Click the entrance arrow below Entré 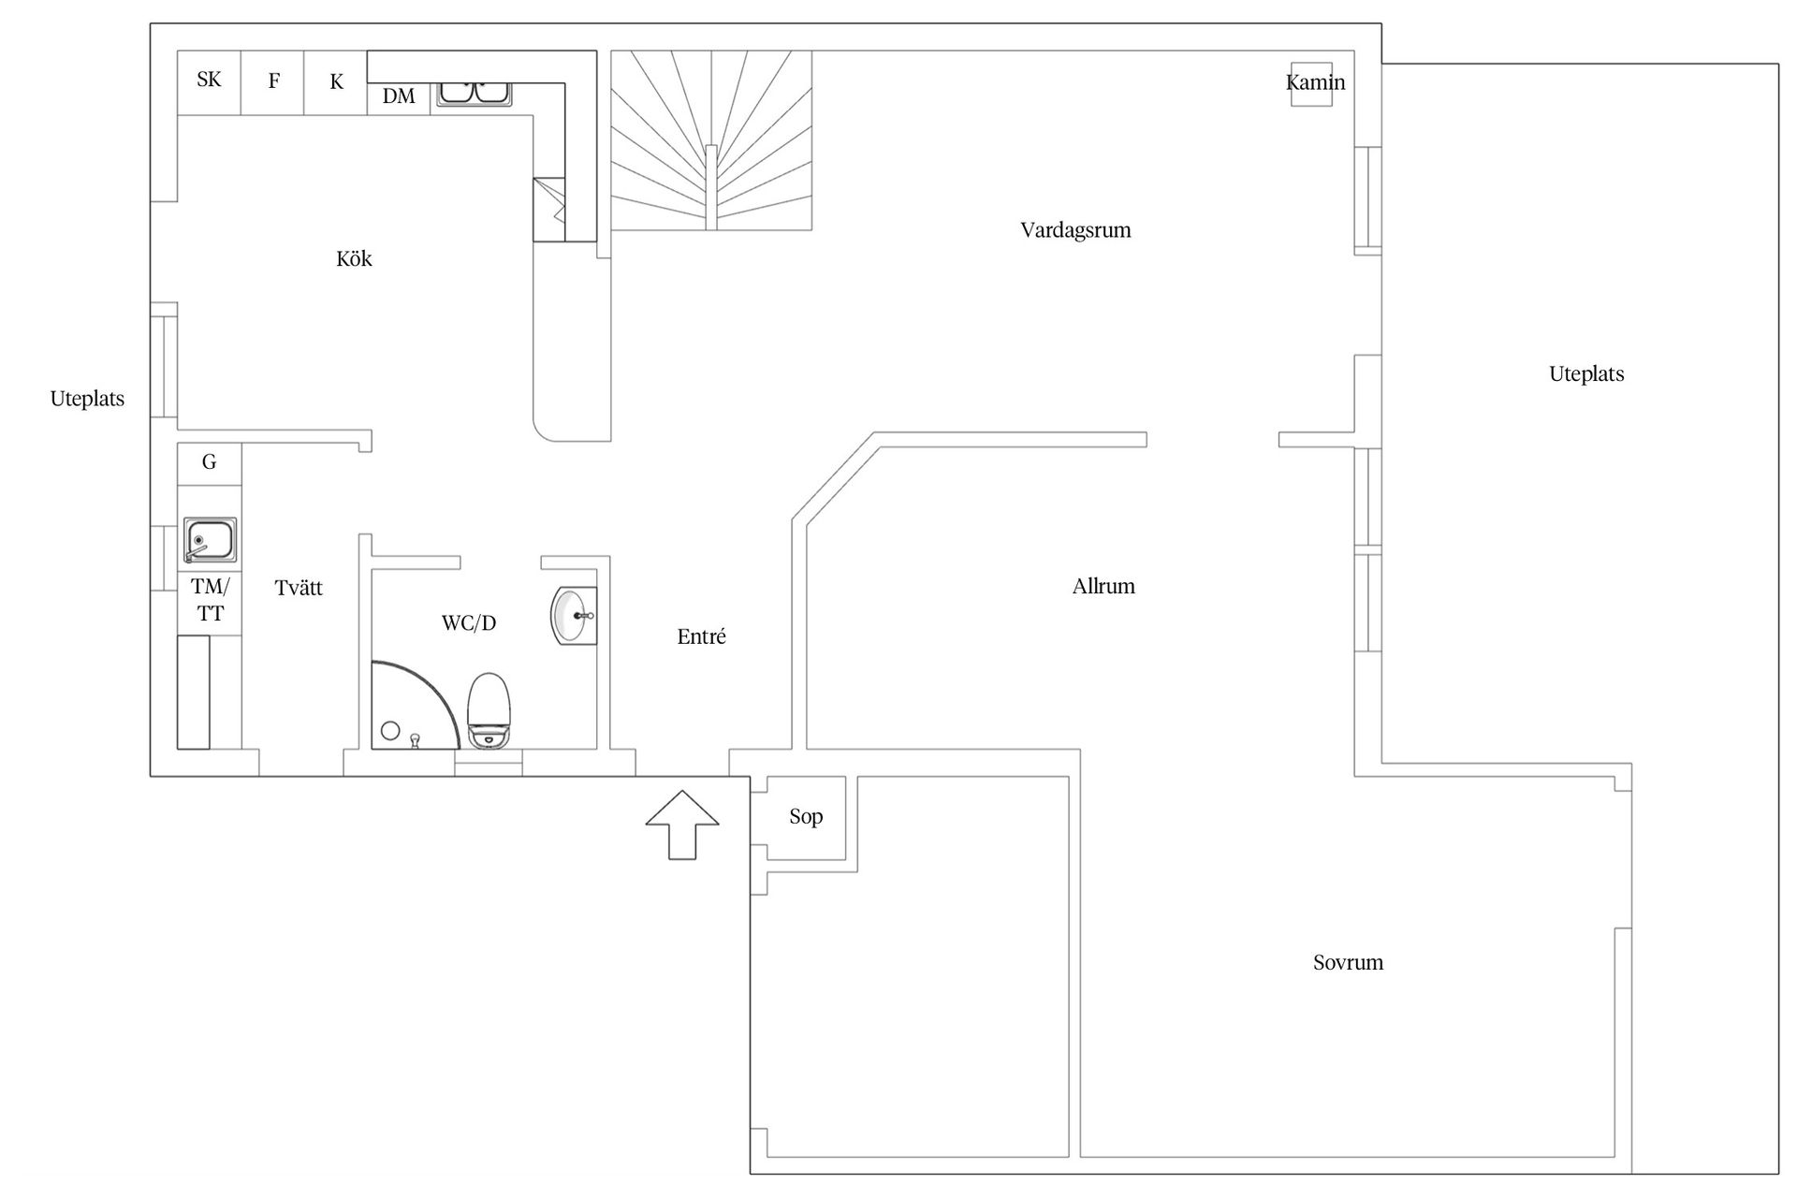[x=682, y=825]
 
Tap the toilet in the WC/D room [x=489, y=710]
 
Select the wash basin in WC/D [x=574, y=616]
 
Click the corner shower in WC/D [x=416, y=706]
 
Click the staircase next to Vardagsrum [x=711, y=140]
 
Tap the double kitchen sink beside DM [x=474, y=94]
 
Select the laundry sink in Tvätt [x=210, y=540]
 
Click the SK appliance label [x=209, y=80]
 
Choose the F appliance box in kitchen [x=273, y=82]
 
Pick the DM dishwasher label [x=399, y=95]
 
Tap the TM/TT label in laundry [x=210, y=600]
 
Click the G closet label [x=209, y=461]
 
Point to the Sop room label [x=806, y=817]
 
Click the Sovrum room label [x=1348, y=963]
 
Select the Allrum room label [x=1103, y=587]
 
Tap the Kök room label [x=354, y=258]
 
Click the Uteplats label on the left [x=87, y=400]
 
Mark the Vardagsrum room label [x=1075, y=230]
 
